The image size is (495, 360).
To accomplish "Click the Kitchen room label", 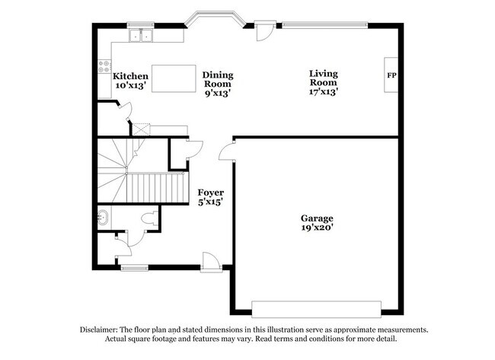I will [130, 76].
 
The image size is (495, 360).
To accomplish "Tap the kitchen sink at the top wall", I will [140, 35].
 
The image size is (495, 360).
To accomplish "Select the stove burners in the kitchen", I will [104, 67].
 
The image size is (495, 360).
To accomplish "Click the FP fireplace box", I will [391, 75].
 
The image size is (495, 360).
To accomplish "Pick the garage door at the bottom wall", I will [316, 307].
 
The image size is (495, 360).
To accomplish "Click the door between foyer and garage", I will [226, 152].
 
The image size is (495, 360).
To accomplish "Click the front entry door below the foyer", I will [211, 262].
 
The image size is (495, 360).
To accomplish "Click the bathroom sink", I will [104, 218].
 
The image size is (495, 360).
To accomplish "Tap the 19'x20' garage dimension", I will [316, 228].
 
